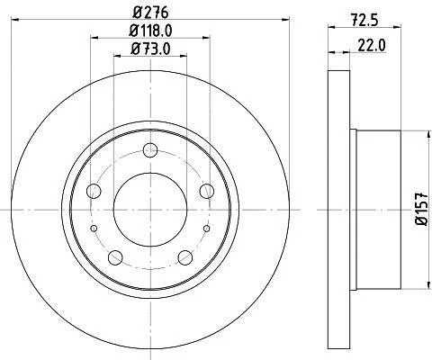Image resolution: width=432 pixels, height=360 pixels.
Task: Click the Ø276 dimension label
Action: pos(150,13)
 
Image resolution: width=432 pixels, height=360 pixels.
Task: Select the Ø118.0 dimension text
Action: pos(150,31)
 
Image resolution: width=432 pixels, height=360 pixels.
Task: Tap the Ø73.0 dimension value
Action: pos(150,49)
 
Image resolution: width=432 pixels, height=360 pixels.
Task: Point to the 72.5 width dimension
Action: pos(364,21)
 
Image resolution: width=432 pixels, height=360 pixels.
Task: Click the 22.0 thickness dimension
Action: pos(372,46)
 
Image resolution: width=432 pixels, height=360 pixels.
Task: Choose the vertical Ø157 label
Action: pos(422,209)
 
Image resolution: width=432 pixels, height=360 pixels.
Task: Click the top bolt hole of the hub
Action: pos(150,150)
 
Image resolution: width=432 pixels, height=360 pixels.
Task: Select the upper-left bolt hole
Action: pos(94,191)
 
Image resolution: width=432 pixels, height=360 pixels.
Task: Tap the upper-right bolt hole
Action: pos(207,191)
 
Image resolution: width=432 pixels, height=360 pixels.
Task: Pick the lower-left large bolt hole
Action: pos(115,257)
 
